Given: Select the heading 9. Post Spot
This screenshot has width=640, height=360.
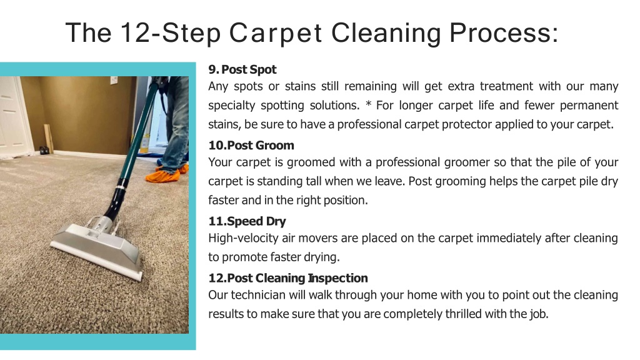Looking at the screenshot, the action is [x=242, y=69].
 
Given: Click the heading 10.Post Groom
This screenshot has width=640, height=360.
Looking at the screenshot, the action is [x=251, y=145].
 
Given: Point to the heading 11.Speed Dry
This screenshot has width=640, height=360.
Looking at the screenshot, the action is [x=247, y=221].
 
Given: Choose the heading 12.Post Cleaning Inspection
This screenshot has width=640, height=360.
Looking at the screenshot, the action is [x=287, y=278].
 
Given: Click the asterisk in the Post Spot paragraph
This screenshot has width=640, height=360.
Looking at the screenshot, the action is [x=368, y=104].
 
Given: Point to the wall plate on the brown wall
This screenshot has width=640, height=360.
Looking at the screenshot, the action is [x=114, y=80].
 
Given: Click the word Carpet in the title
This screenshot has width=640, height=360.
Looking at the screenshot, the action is [x=276, y=33].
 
